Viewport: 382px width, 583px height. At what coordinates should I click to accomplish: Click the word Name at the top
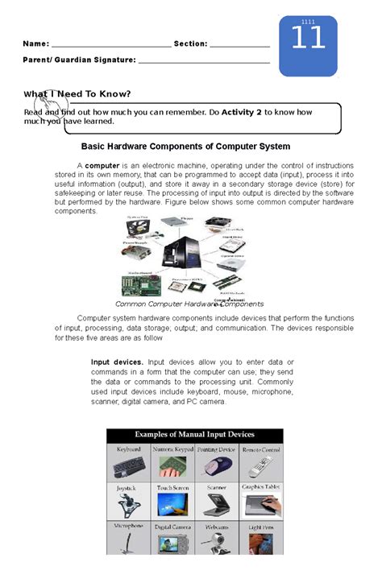[35, 43]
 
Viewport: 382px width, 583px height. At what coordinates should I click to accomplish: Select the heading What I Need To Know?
[77, 94]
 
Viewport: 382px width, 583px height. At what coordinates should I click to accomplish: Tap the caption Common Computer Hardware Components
[189, 304]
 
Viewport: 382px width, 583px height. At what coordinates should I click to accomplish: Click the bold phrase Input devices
[117, 362]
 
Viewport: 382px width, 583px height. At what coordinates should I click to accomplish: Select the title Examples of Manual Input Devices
[195, 435]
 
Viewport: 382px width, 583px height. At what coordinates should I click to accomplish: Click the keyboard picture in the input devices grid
[129, 465]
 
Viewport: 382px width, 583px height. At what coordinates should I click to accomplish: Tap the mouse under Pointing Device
[217, 465]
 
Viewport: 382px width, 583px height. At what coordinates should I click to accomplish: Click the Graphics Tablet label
[261, 487]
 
